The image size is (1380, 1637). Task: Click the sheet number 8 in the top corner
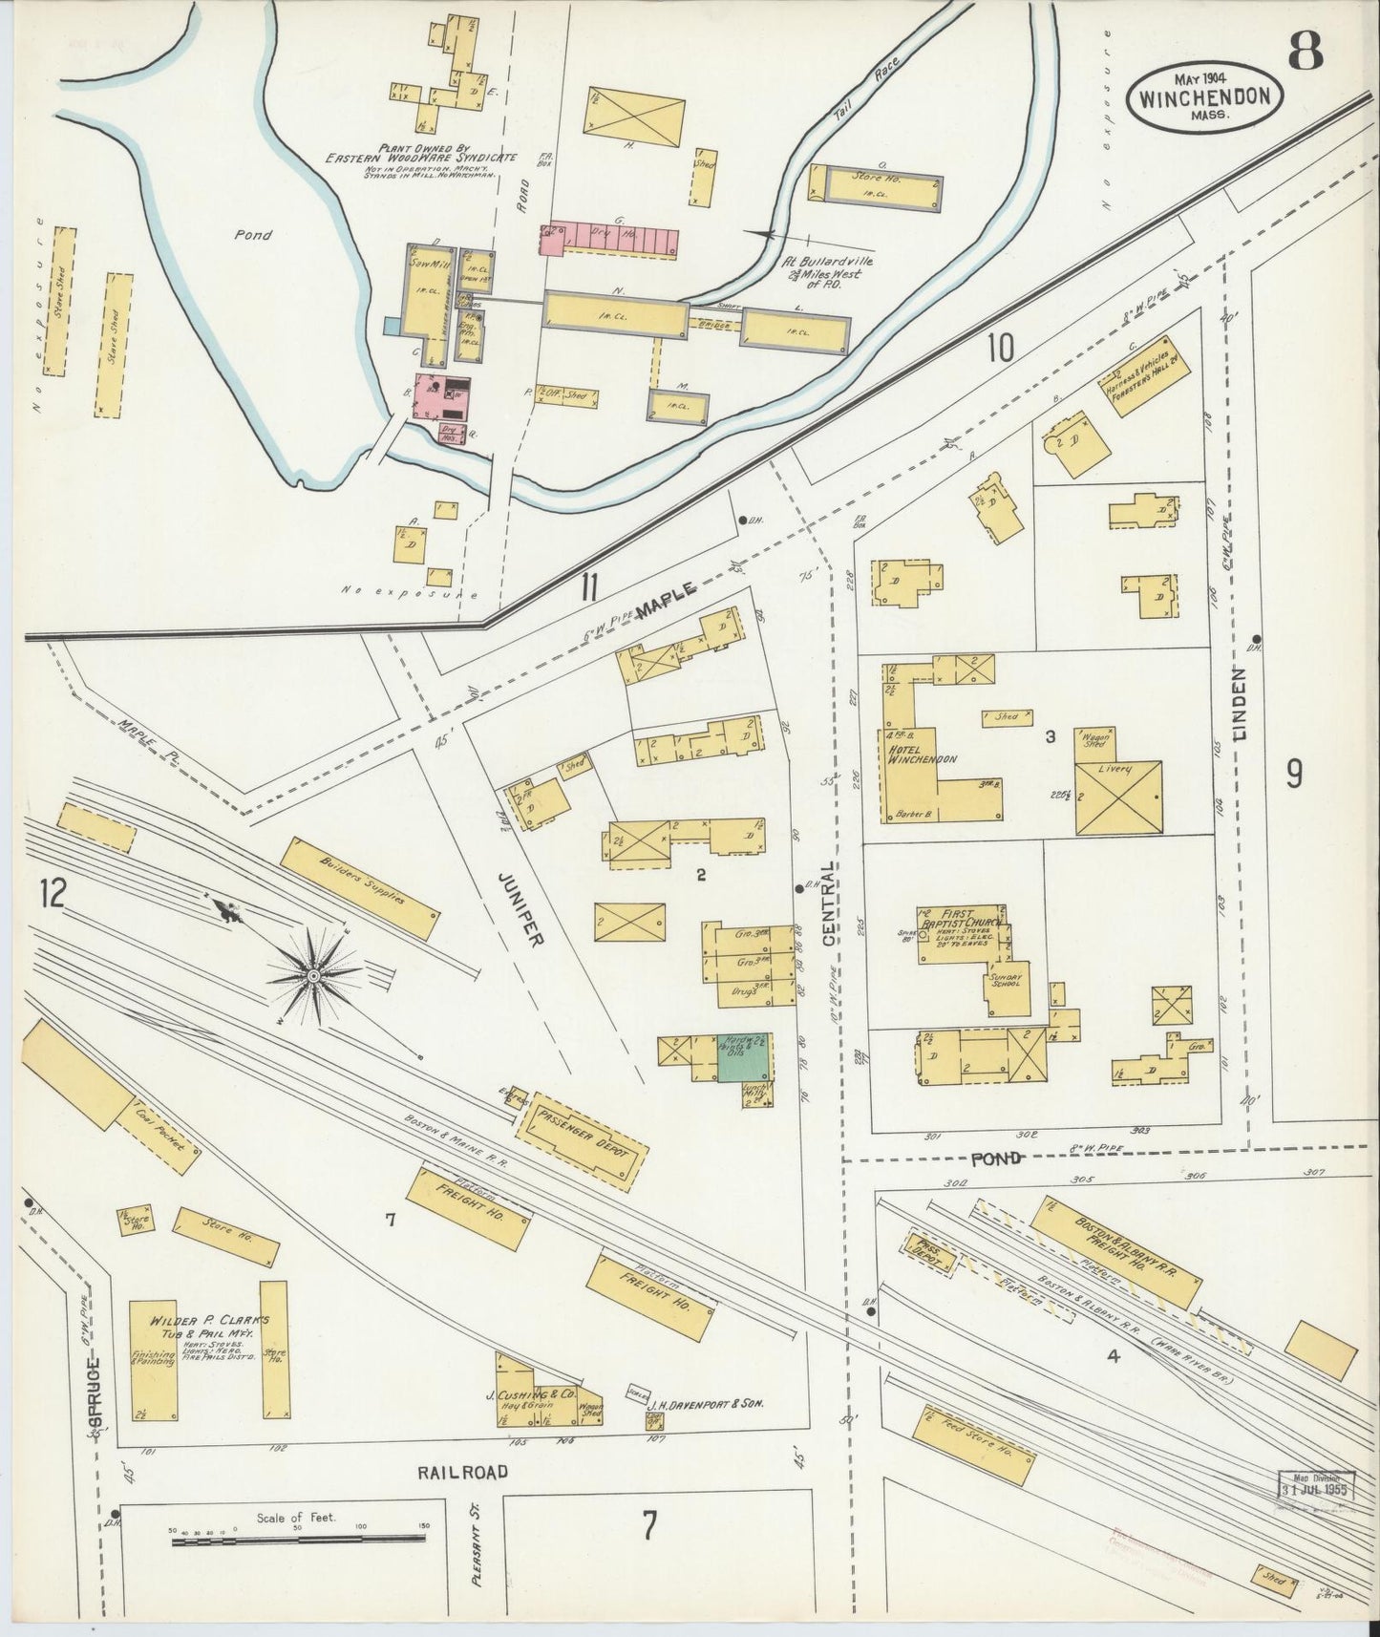1306,53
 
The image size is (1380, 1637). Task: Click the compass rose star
313,974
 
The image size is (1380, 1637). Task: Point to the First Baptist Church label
960,919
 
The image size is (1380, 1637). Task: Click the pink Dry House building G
611,241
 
